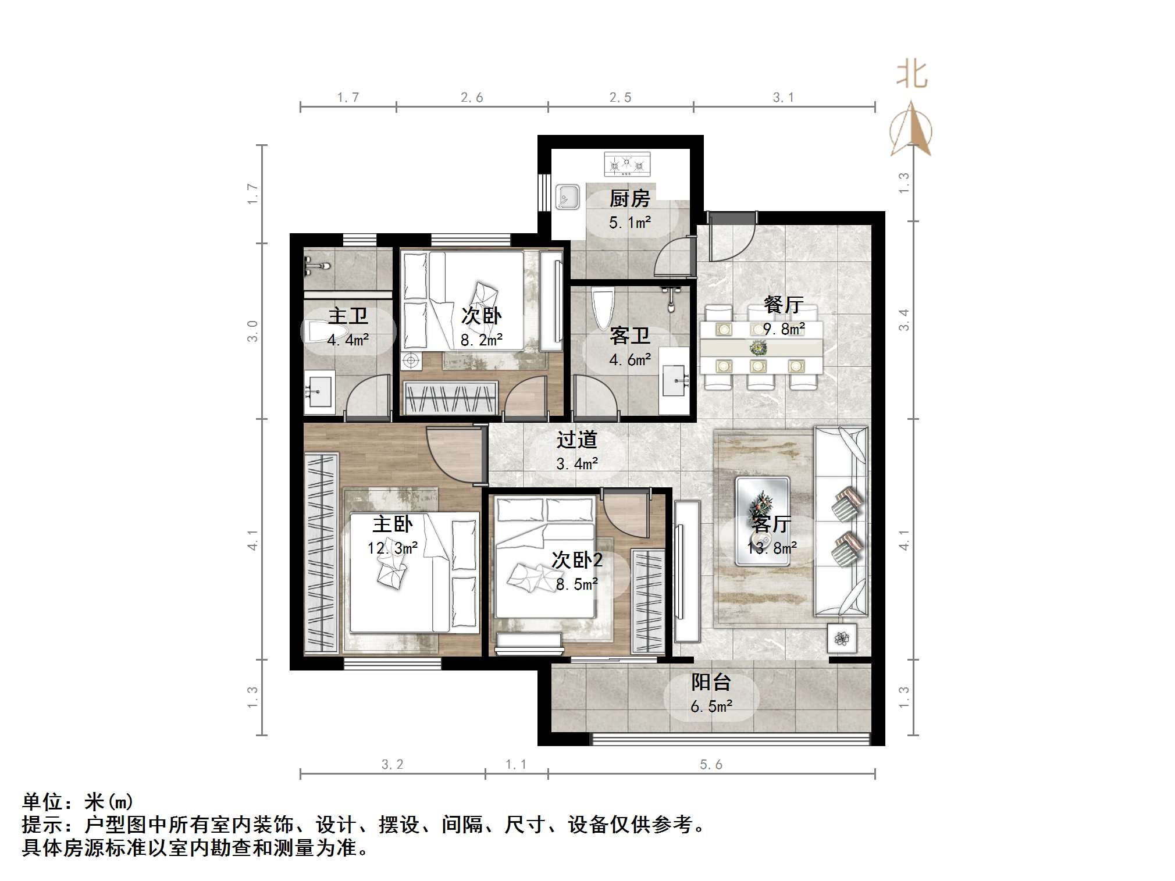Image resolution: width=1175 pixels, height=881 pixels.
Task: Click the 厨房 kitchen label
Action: click(x=629, y=199)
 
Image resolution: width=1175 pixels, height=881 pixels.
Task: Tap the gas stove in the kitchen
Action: click(x=627, y=164)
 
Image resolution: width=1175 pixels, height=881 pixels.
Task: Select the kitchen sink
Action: click(x=567, y=197)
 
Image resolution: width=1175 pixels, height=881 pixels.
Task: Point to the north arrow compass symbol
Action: click(x=910, y=129)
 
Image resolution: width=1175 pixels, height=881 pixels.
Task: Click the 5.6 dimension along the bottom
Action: click(x=711, y=764)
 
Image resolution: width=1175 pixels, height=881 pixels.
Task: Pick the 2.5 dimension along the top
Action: click(x=620, y=98)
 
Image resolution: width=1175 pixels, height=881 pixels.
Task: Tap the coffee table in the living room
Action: click(x=762, y=520)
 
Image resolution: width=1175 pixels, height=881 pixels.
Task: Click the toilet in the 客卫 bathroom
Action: click(x=601, y=308)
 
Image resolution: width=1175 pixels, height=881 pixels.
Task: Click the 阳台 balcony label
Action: click(x=711, y=682)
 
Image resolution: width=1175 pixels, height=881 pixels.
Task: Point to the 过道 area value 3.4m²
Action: click(x=577, y=464)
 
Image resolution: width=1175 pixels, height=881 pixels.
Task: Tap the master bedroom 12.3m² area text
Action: click(x=393, y=548)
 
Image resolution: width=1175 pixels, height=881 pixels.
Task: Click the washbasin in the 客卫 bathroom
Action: click(x=675, y=381)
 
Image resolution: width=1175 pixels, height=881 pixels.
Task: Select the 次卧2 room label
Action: click(x=577, y=560)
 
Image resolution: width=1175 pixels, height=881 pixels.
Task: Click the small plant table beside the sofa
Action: click(x=842, y=639)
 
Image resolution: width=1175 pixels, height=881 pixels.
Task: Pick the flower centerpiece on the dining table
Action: click(x=758, y=348)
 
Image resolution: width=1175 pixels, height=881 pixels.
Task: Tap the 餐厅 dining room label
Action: click(x=784, y=305)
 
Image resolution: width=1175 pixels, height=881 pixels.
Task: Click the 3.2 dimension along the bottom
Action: click(x=392, y=764)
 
